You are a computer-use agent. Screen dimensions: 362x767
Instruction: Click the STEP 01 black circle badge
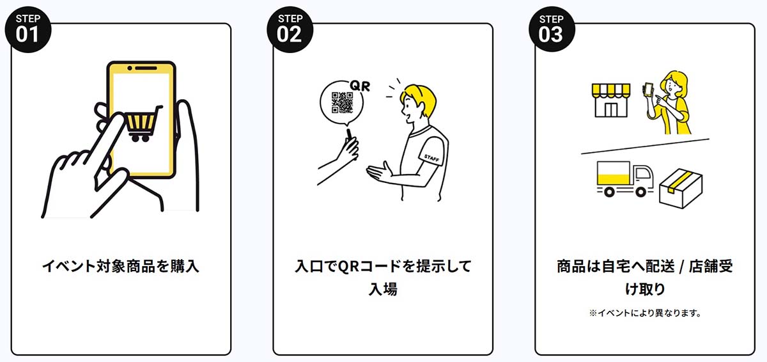[27, 29]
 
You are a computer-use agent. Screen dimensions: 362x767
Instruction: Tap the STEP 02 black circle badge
[290, 29]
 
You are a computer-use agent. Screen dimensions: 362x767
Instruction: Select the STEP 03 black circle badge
[551, 29]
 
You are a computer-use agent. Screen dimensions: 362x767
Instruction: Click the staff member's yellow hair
[419, 96]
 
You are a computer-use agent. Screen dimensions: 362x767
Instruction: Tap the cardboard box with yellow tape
[681, 188]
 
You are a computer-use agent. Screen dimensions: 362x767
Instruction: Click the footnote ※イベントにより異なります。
[645, 313]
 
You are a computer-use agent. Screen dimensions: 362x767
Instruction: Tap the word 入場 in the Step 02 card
[383, 289]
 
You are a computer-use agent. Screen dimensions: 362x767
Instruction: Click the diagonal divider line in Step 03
[645, 146]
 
